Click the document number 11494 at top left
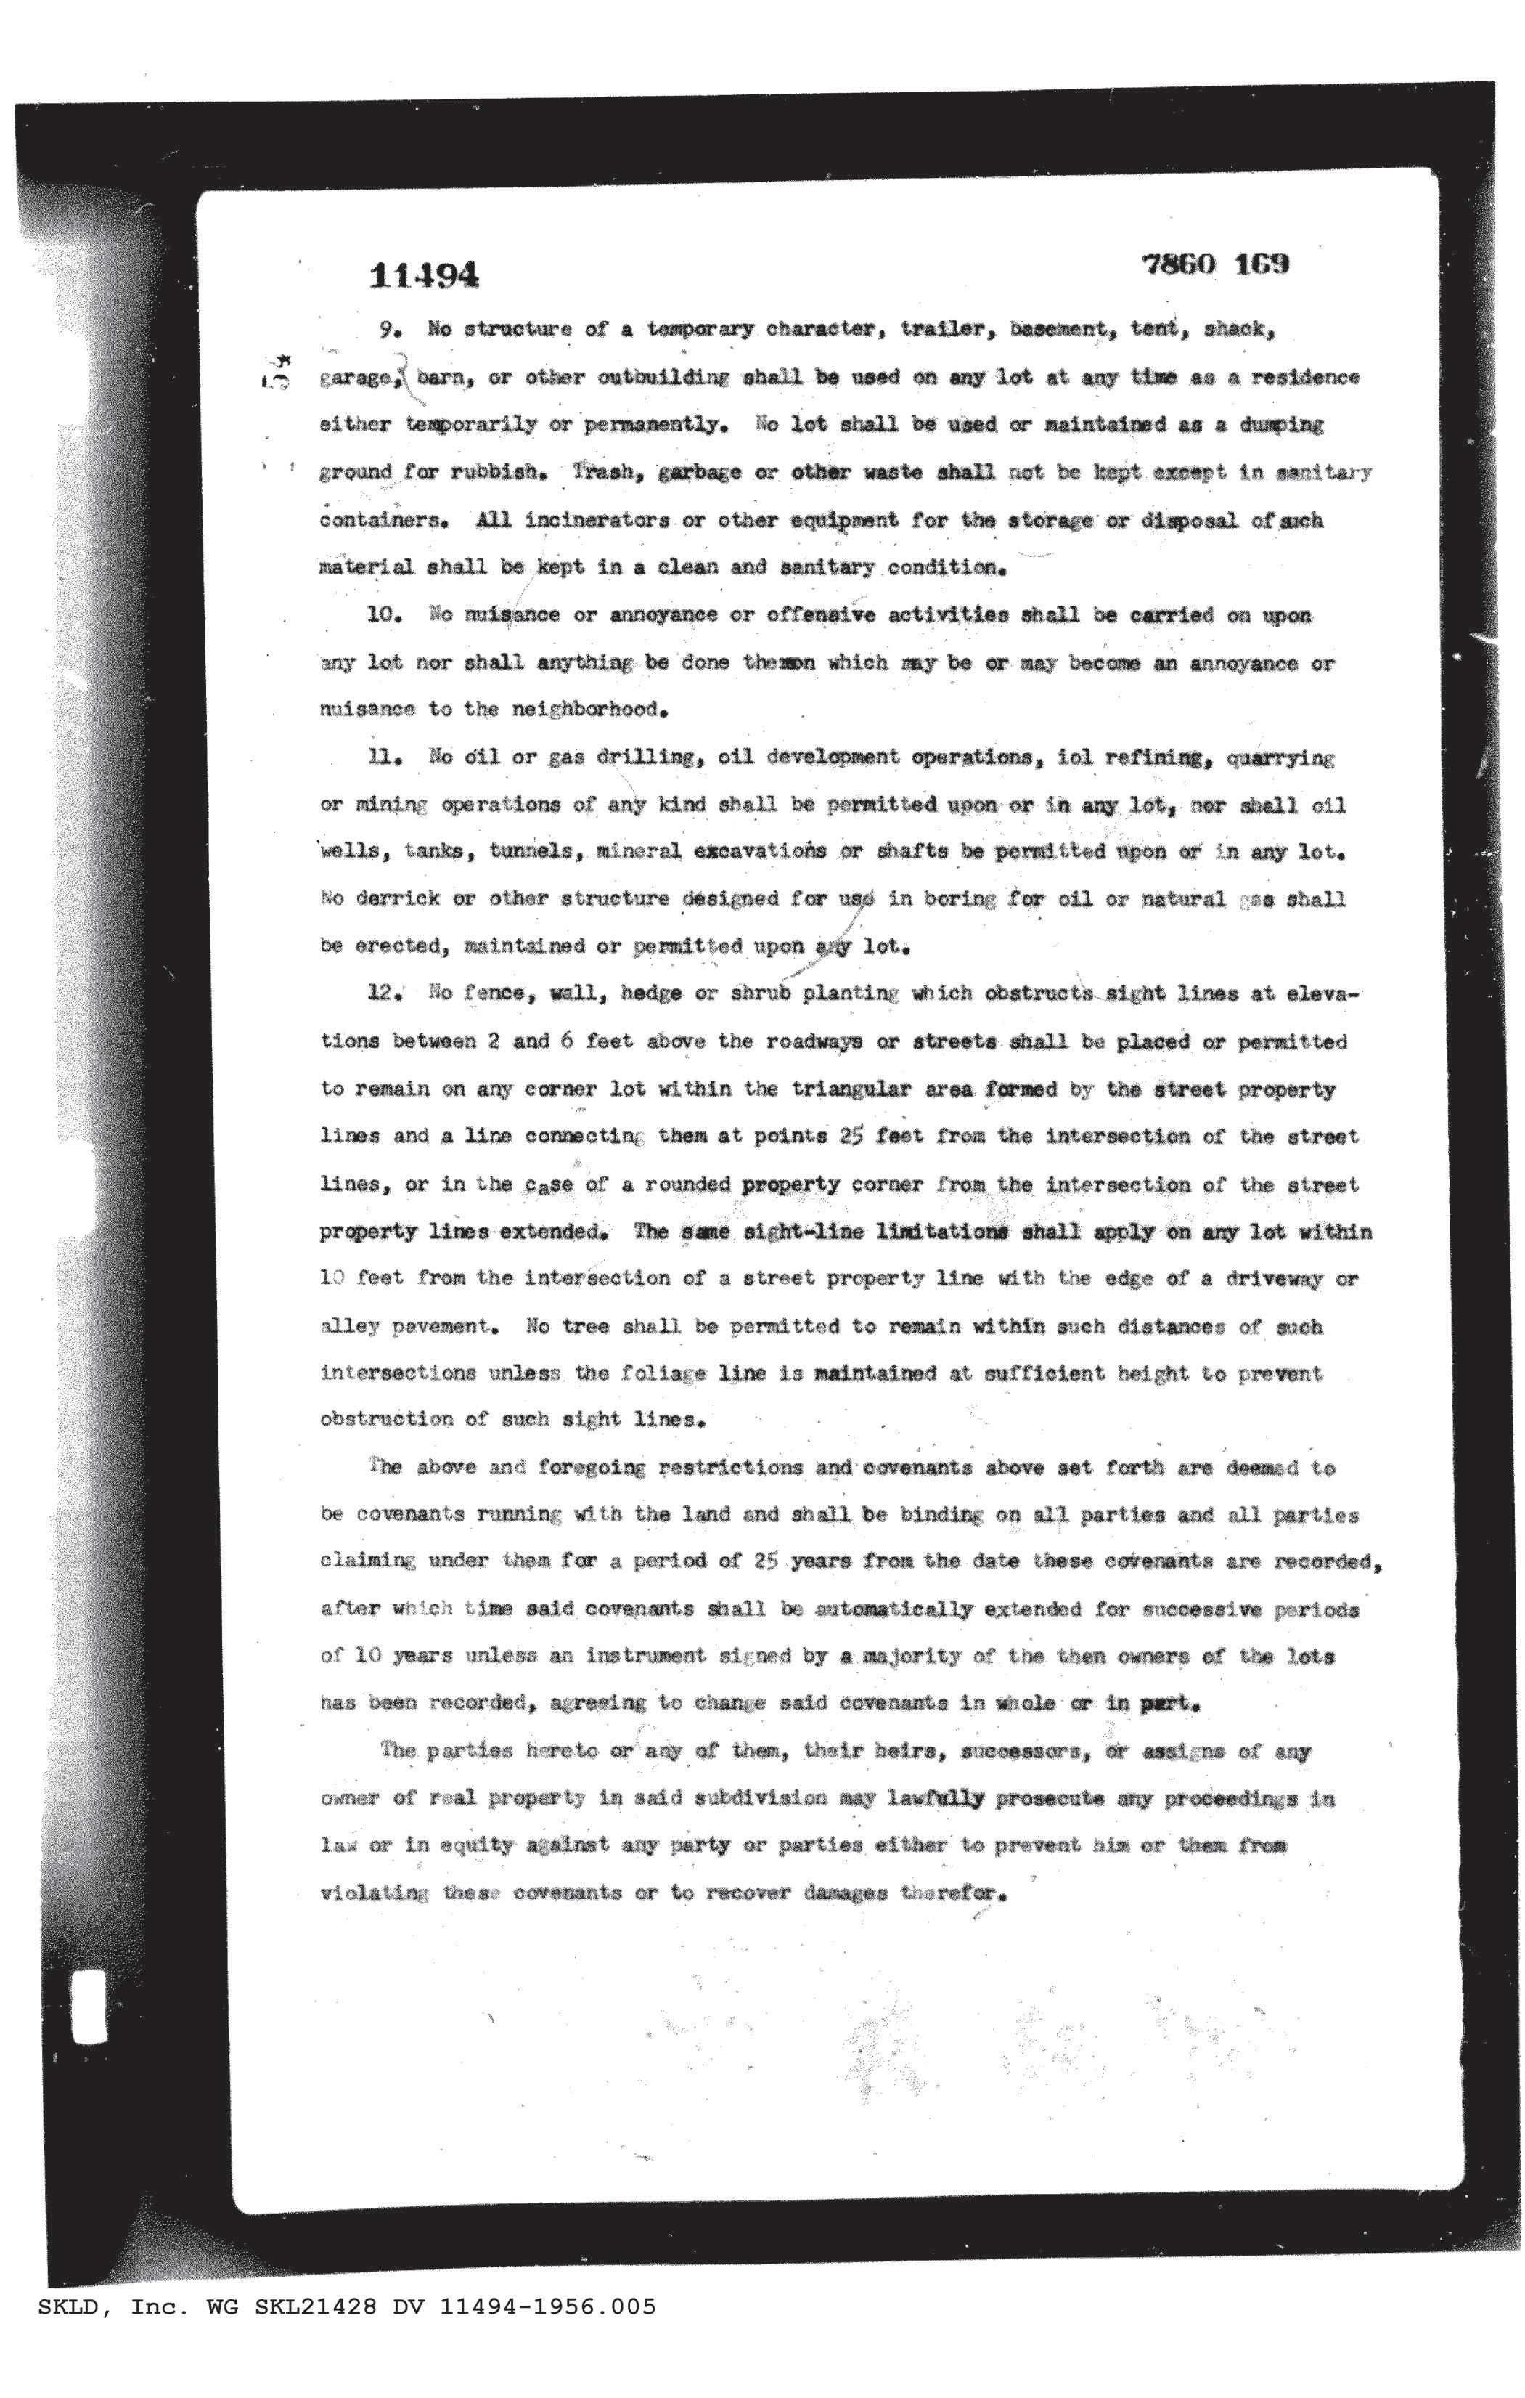423,274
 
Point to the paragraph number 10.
384,614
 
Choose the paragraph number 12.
384,993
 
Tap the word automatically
893,1609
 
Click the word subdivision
759,1798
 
